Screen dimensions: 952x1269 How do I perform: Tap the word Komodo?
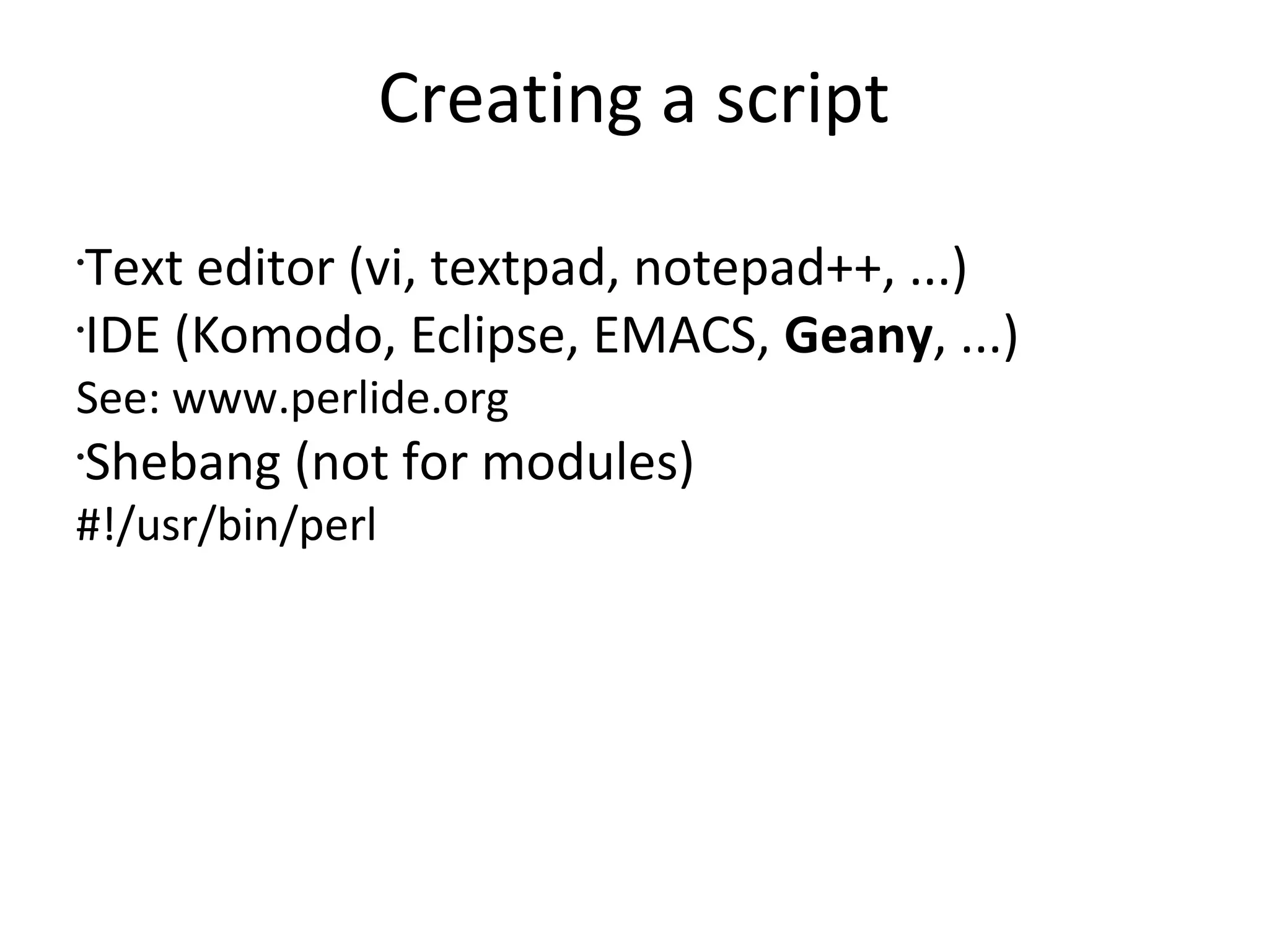tap(286, 336)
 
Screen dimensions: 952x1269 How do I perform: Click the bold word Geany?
tap(858, 336)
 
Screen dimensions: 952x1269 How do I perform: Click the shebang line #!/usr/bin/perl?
tap(226, 526)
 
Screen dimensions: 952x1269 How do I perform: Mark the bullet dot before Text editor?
tap(81, 262)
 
